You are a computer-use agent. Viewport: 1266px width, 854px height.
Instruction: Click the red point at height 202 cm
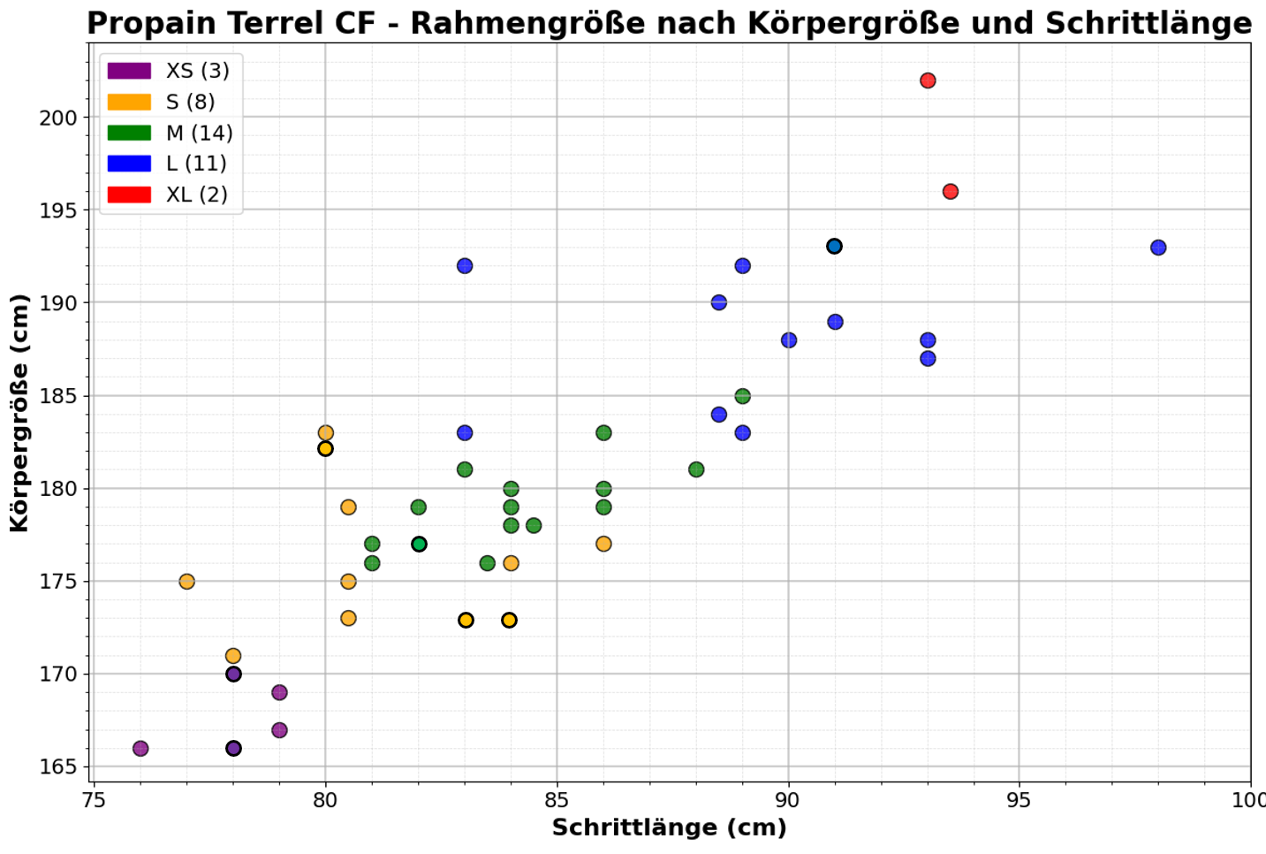(x=928, y=81)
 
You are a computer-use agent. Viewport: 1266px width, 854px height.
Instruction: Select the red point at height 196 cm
(x=951, y=192)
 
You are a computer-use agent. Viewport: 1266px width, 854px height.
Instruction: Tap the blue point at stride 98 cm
(x=1158, y=248)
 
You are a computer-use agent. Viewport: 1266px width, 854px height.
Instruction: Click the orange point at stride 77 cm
(x=187, y=582)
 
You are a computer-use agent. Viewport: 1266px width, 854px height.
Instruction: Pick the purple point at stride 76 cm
(x=140, y=749)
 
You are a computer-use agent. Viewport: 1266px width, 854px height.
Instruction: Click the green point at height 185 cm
(x=743, y=396)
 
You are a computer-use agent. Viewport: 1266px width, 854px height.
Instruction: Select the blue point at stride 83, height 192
(x=465, y=266)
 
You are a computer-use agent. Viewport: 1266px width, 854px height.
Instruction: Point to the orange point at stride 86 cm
(x=603, y=545)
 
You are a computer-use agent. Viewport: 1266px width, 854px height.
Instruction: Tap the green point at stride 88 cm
(x=696, y=469)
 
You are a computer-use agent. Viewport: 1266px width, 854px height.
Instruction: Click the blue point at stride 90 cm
(x=789, y=340)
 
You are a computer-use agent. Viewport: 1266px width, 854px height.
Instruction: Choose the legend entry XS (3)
(x=197, y=71)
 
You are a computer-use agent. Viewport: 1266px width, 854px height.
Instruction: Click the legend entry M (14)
(x=199, y=133)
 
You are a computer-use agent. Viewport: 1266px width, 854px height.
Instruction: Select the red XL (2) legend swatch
(x=129, y=194)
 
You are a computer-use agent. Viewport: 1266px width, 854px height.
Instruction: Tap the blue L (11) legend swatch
(x=129, y=164)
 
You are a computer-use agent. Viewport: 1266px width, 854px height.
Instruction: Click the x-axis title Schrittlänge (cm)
(x=669, y=828)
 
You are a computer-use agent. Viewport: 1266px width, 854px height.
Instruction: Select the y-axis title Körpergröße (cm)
(x=19, y=413)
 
